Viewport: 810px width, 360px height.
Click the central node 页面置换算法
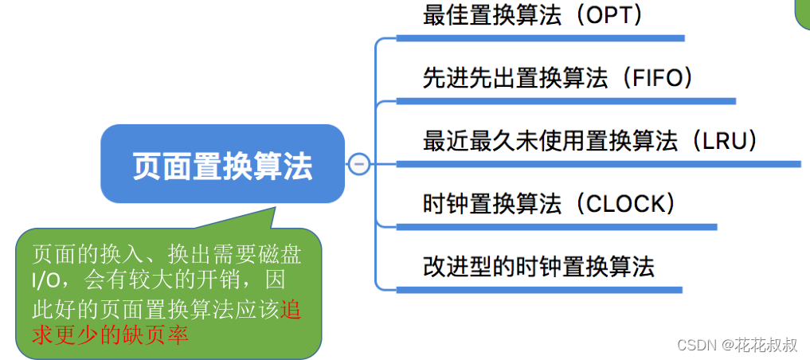[222, 165]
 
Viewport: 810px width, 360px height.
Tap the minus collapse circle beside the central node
[358, 164]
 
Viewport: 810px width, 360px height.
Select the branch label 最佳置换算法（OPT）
[533, 15]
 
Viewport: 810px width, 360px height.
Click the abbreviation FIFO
[652, 78]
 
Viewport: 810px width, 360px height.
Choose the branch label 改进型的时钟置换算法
[538, 266]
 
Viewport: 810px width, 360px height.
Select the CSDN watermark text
[695, 345]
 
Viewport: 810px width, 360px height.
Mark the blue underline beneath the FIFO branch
[565, 101]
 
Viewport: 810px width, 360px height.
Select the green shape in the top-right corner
[803, 12]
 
